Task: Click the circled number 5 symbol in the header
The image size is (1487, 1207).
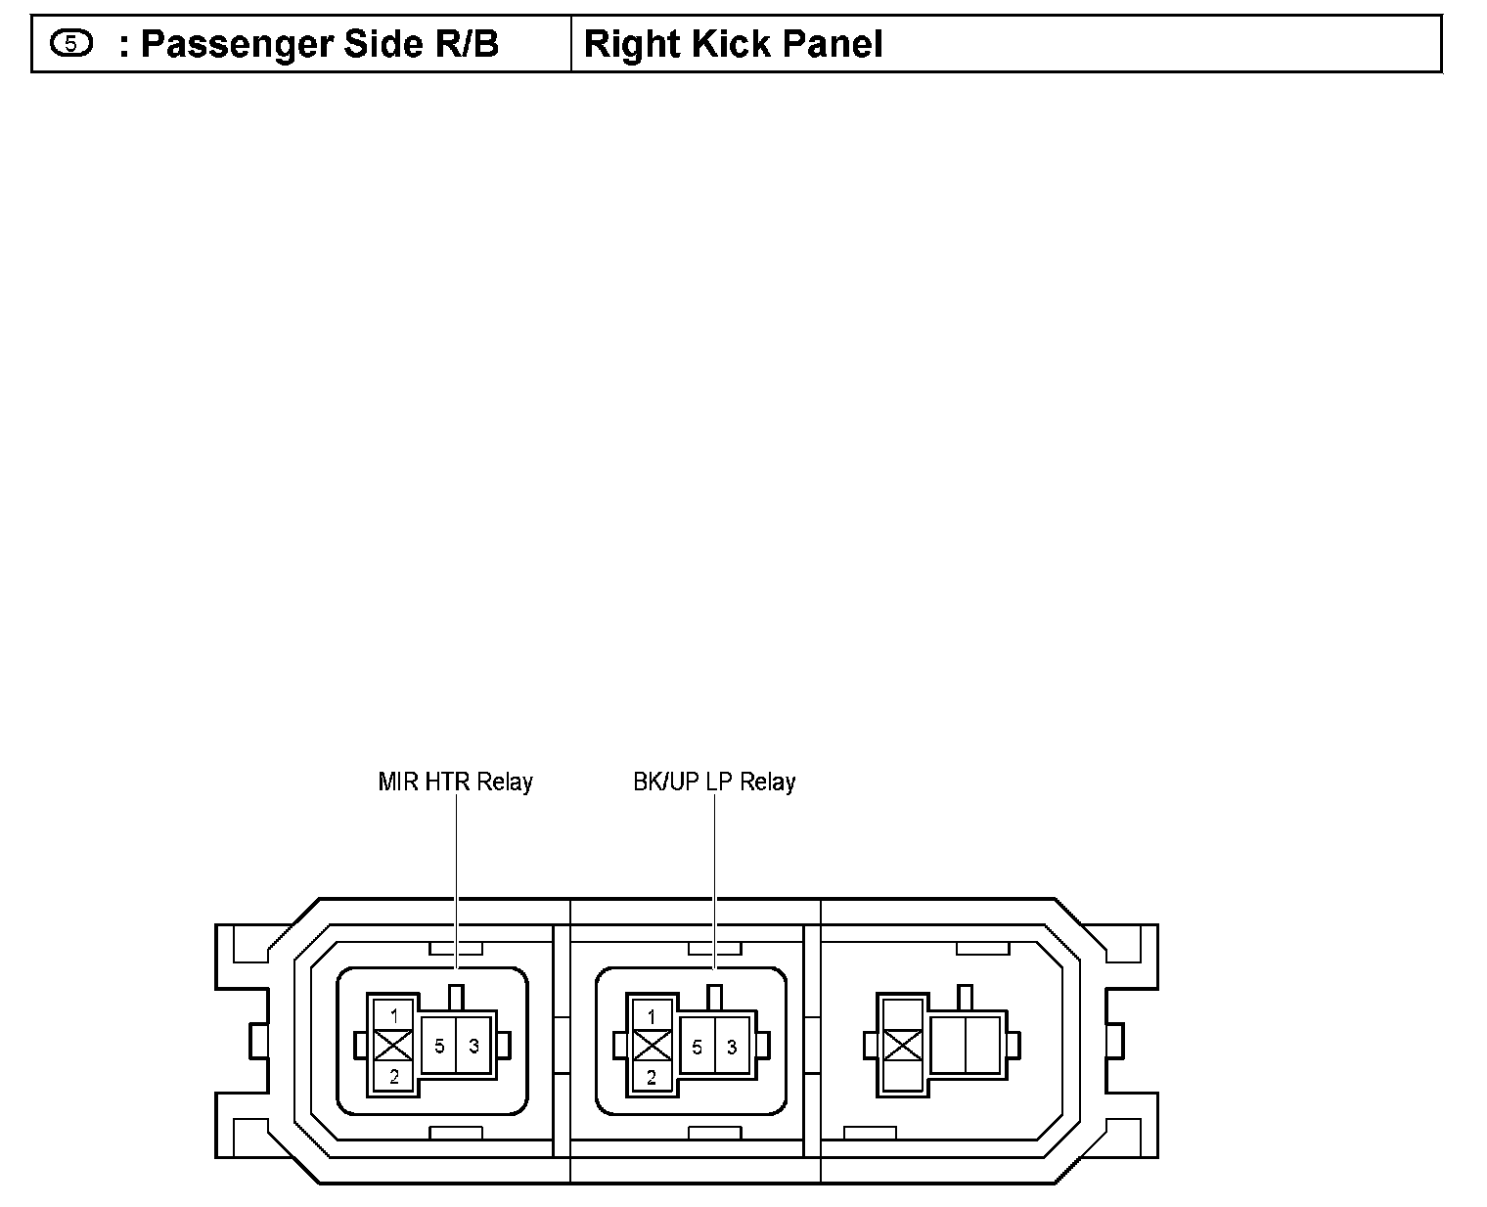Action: point(71,43)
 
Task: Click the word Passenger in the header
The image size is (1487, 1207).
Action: point(230,45)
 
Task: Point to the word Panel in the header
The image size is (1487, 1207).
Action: point(832,44)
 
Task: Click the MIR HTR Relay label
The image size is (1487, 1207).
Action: point(455,782)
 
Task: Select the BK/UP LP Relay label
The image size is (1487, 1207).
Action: point(714,782)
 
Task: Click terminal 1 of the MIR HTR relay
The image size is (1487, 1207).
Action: point(394,1016)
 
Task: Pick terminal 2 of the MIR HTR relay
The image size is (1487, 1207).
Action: point(394,1078)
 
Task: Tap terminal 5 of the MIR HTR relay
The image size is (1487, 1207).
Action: point(439,1047)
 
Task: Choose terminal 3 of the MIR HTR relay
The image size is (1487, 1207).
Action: point(474,1047)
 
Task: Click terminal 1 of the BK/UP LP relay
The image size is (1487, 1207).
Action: point(652,1017)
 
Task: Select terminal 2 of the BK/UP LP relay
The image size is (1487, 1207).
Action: point(652,1079)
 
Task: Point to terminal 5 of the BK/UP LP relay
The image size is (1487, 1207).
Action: point(697,1048)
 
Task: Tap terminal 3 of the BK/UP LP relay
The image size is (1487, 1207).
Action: point(732,1048)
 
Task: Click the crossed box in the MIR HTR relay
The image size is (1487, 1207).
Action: point(394,1047)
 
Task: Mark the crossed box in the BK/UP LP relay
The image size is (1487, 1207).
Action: point(652,1048)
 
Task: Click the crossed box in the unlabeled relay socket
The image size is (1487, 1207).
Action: point(902,1046)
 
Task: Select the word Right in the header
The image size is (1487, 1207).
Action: point(624,44)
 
